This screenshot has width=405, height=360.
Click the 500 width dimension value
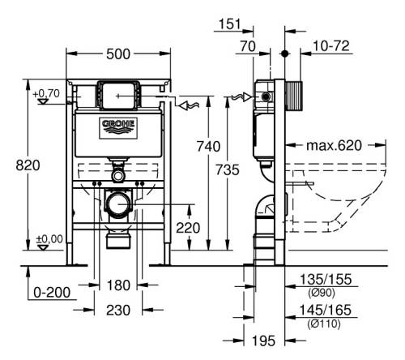point(118,54)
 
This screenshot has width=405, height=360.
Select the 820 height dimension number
point(28,165)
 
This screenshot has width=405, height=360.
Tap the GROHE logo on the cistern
point(118,127)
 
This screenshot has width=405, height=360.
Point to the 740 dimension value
point(208,147)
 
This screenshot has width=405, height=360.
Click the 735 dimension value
point(228,169)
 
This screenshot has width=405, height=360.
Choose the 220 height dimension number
point(188,228)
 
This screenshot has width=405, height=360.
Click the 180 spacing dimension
point(118,285)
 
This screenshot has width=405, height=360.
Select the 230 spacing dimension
point(118,310)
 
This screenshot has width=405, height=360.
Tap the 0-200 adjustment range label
point(52,292)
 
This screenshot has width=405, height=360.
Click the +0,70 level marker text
point(46,93)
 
